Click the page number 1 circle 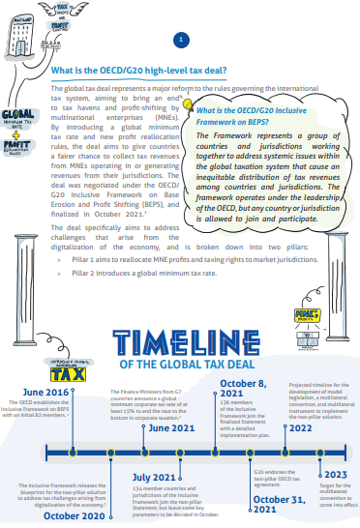coord(179,40)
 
